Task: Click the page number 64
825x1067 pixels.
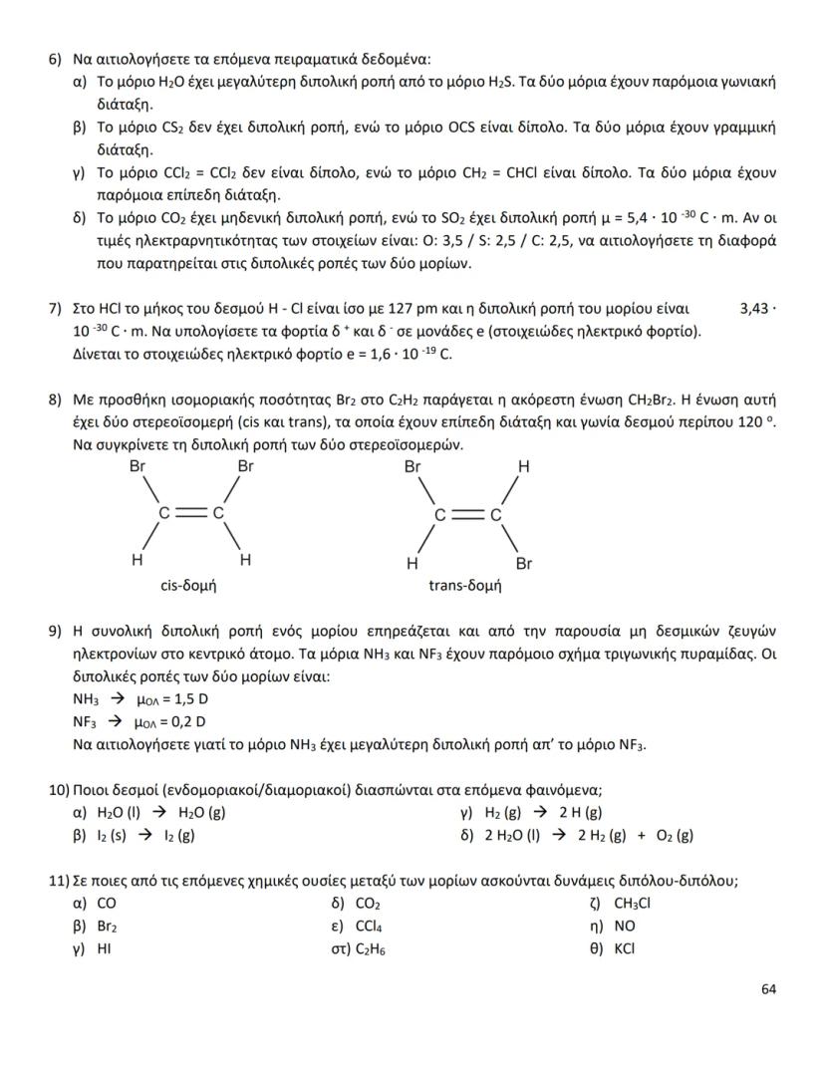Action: point(767,988)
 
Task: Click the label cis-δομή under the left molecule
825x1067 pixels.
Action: point(188,586)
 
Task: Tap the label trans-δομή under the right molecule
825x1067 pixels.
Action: point(464,586)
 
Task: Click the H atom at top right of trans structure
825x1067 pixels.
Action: point(523,466)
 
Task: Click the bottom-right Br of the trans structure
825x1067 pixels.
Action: point(524,563)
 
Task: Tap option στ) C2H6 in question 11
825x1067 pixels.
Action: point(371,948)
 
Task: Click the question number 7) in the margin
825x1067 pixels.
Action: point(56,310)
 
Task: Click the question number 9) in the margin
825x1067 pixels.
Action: point(56,631)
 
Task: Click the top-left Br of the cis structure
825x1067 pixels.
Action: point(137,466)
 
